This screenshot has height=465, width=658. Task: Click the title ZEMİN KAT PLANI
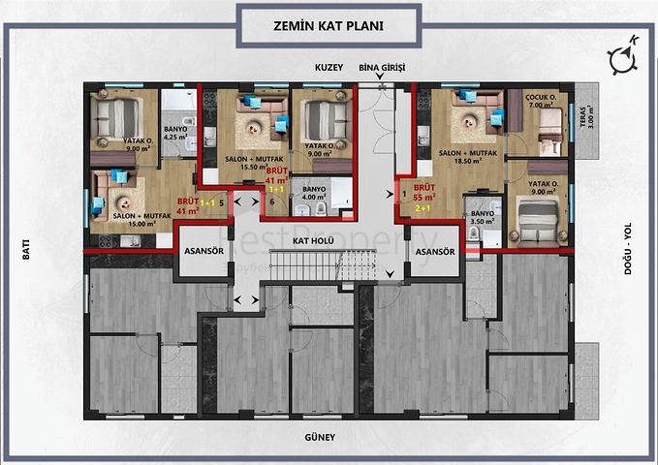[x=329, y=26]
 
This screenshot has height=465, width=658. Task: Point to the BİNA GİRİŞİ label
[x=381, y=69]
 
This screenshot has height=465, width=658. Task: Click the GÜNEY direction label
[x=319, y=437]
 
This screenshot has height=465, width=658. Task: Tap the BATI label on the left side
[x=25, y=249]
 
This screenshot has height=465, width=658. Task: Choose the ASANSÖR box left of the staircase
[x=202, y=252]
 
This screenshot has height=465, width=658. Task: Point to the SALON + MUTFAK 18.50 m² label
[x=461, y=157]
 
